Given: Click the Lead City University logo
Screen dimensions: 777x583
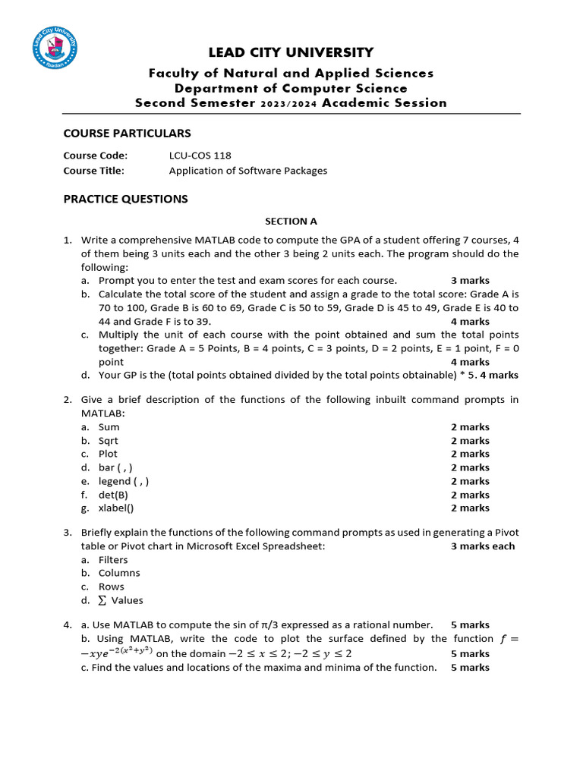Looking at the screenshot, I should (x=54, y=49).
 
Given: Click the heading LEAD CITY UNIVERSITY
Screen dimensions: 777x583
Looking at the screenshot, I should (x=291, y=52).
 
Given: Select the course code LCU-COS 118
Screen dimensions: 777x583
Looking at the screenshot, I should (x=200, y=156).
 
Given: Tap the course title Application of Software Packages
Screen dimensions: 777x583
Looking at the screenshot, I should (x=247, y=171).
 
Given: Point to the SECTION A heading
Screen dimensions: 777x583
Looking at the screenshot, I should (x=291, y=222).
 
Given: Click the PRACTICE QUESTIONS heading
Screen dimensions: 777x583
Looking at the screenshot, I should (x=125, y=199).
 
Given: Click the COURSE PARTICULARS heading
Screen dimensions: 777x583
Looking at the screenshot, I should (x=127, y=134).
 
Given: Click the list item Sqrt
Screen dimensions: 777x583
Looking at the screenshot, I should (x=109, y=441).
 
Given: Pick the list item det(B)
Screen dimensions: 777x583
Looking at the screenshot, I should (x=113, y=495).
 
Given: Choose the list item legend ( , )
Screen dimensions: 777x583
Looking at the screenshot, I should (x=124, y=481).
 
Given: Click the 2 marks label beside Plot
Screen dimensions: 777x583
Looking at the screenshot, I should (x=470, y=454).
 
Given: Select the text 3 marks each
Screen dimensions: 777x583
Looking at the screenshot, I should (x=482, y=546).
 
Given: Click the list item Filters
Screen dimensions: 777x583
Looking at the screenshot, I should (x=113, y=560).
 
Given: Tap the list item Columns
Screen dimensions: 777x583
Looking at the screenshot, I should (x=119, y=573).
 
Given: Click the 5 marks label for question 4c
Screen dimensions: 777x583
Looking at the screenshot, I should (x=470, y=668).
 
